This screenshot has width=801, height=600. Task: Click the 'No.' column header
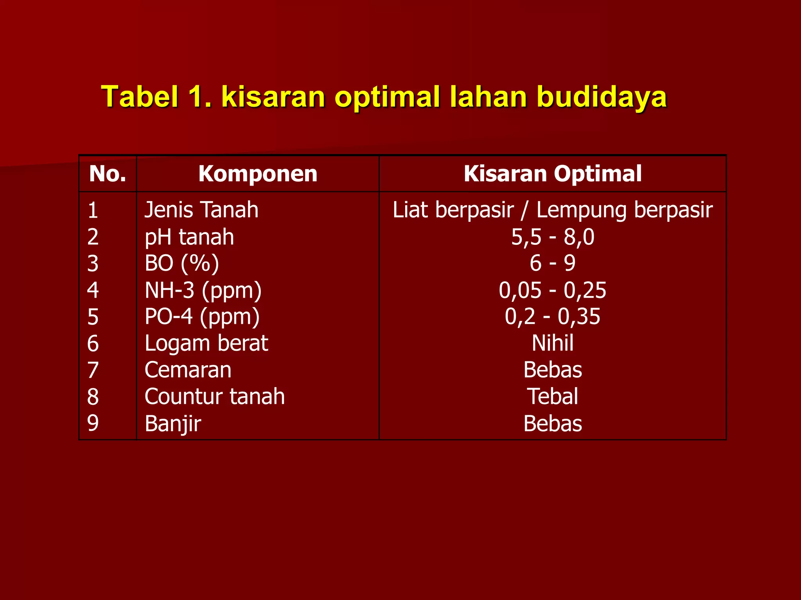pyautogui.click(x=108, y=174)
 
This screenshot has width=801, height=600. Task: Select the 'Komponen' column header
pyautogui.click(x=258, y=174)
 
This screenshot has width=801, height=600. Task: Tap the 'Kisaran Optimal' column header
pyautogui.click(x=552, y=174)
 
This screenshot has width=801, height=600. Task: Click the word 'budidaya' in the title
pyautogui.click(x=602, y=96)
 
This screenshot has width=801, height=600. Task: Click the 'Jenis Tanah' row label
pyautogui.click(x=201, y=210)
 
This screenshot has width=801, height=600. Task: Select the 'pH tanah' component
pyautogui.click(x=189, y=237)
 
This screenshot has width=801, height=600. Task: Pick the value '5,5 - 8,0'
pyautogui.click(x=553, y=237)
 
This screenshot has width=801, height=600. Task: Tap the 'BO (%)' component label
pyautogui.click(x=182, y=263)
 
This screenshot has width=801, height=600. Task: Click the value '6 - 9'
pyautogui.click(x=553, y=263)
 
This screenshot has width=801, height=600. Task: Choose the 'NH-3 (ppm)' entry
pyautogui.click(x=203, y=290)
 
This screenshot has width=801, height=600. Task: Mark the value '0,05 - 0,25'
pyautogui.click(x=553, y=290)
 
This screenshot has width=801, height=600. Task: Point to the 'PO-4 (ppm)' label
pyautogui.click(x=202, y=317)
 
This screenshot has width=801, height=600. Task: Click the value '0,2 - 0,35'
pyautogui.click(x=553, y=317)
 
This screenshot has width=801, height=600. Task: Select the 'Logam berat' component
pyautogui.click(x=206, y=343)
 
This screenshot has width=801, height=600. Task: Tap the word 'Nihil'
pyautogui.click(x=553, y=343)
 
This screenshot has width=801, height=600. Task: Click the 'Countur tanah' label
pyautogui.click(x=215, y=396)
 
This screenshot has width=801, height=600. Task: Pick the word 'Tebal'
pyautogui.click(x=553, y=396)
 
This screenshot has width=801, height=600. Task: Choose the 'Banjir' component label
pyautogui.click(x=173, y=423)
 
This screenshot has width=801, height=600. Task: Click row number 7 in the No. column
pyautogui.click(x=93, y=370)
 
